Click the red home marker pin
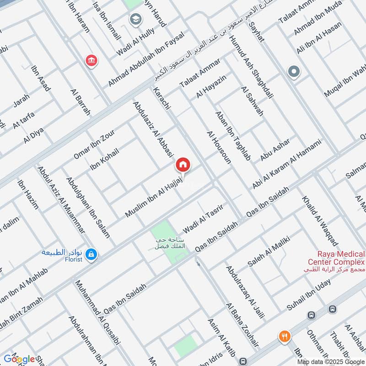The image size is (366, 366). (x=183, y=164)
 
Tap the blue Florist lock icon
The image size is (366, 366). (x=91, y=254)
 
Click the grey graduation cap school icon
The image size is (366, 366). (x=135, y=19)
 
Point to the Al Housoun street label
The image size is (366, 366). (x=219, y=147)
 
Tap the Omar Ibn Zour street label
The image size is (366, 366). (x=94, y=144)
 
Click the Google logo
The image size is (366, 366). (x=19, y=359)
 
